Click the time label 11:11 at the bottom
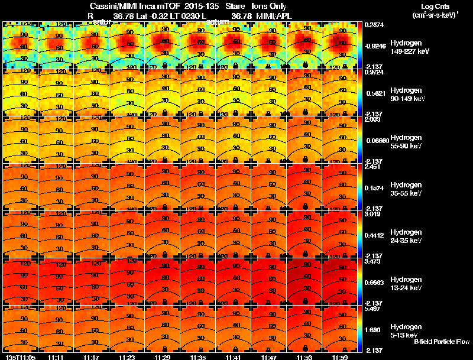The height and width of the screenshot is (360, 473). pyautogui.click(x=56, y=357)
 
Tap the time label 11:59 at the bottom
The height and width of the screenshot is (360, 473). pyautogui.click(x=339, y=357)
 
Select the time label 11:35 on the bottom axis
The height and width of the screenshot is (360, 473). pyautogui.click(x=197, y=357)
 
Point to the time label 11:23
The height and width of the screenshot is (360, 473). pyautogui.click(x=127, y=357)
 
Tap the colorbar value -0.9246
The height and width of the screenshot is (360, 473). pyautogui.click(x=376, y=45)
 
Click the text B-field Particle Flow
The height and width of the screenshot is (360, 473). pyautogui.click(x=442, y=342)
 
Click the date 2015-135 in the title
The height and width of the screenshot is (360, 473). pyautogui.click(x=203, y=7)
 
